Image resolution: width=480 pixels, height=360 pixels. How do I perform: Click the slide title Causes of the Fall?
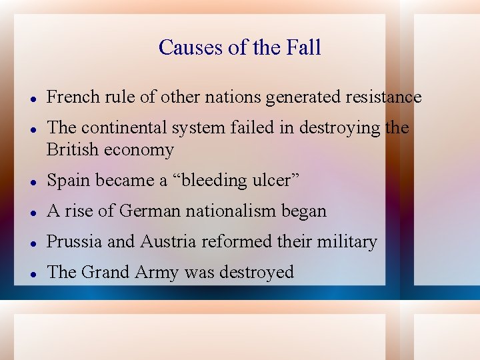[240, 47]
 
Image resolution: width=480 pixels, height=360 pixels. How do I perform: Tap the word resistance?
[383, 97]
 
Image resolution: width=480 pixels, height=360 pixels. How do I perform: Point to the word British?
[73, 150]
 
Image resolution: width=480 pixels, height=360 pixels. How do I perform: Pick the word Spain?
[70, 181]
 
